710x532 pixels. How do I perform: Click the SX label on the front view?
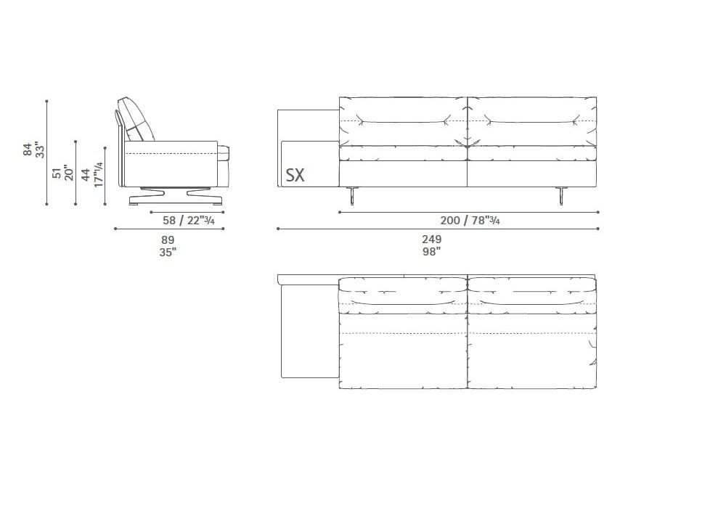pos(295,175)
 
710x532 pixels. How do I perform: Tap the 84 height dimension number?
pos(28,150)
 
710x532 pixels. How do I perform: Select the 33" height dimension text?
pos(41,150)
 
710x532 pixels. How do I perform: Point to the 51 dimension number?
pos(57,173)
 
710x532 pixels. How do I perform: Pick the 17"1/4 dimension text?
pos(98,174)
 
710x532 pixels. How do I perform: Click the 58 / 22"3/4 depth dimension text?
pos(188,221)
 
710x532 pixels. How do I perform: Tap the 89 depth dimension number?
pos(168,240)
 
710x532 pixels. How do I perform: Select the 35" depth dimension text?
pos(168,252)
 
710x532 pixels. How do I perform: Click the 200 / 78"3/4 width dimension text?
pos(470,221)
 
